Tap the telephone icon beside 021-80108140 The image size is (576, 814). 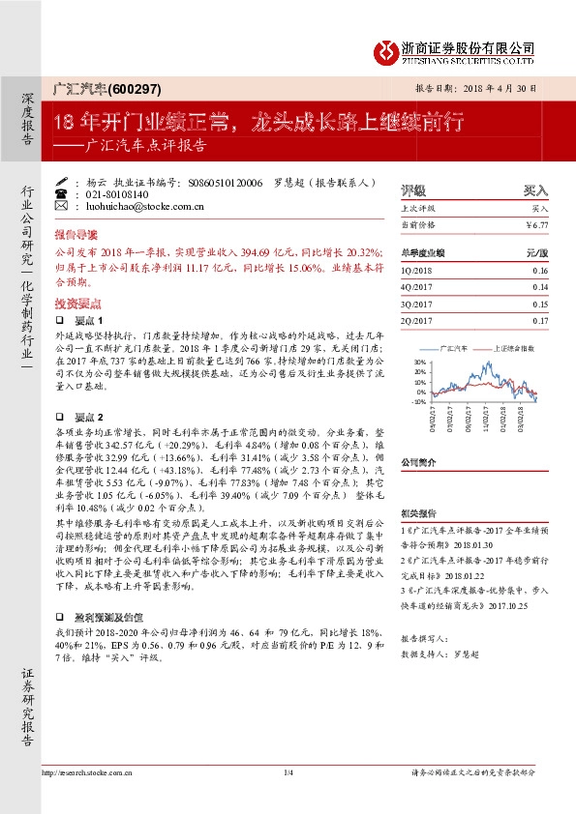click(63, 193)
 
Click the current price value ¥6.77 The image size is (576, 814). click(538, 224)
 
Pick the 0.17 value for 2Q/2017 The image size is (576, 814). click(539, 320)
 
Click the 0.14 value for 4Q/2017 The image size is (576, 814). click(539, 287)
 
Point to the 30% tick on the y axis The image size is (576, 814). click(418, 361)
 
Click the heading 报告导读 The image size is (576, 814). click(76, 234)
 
